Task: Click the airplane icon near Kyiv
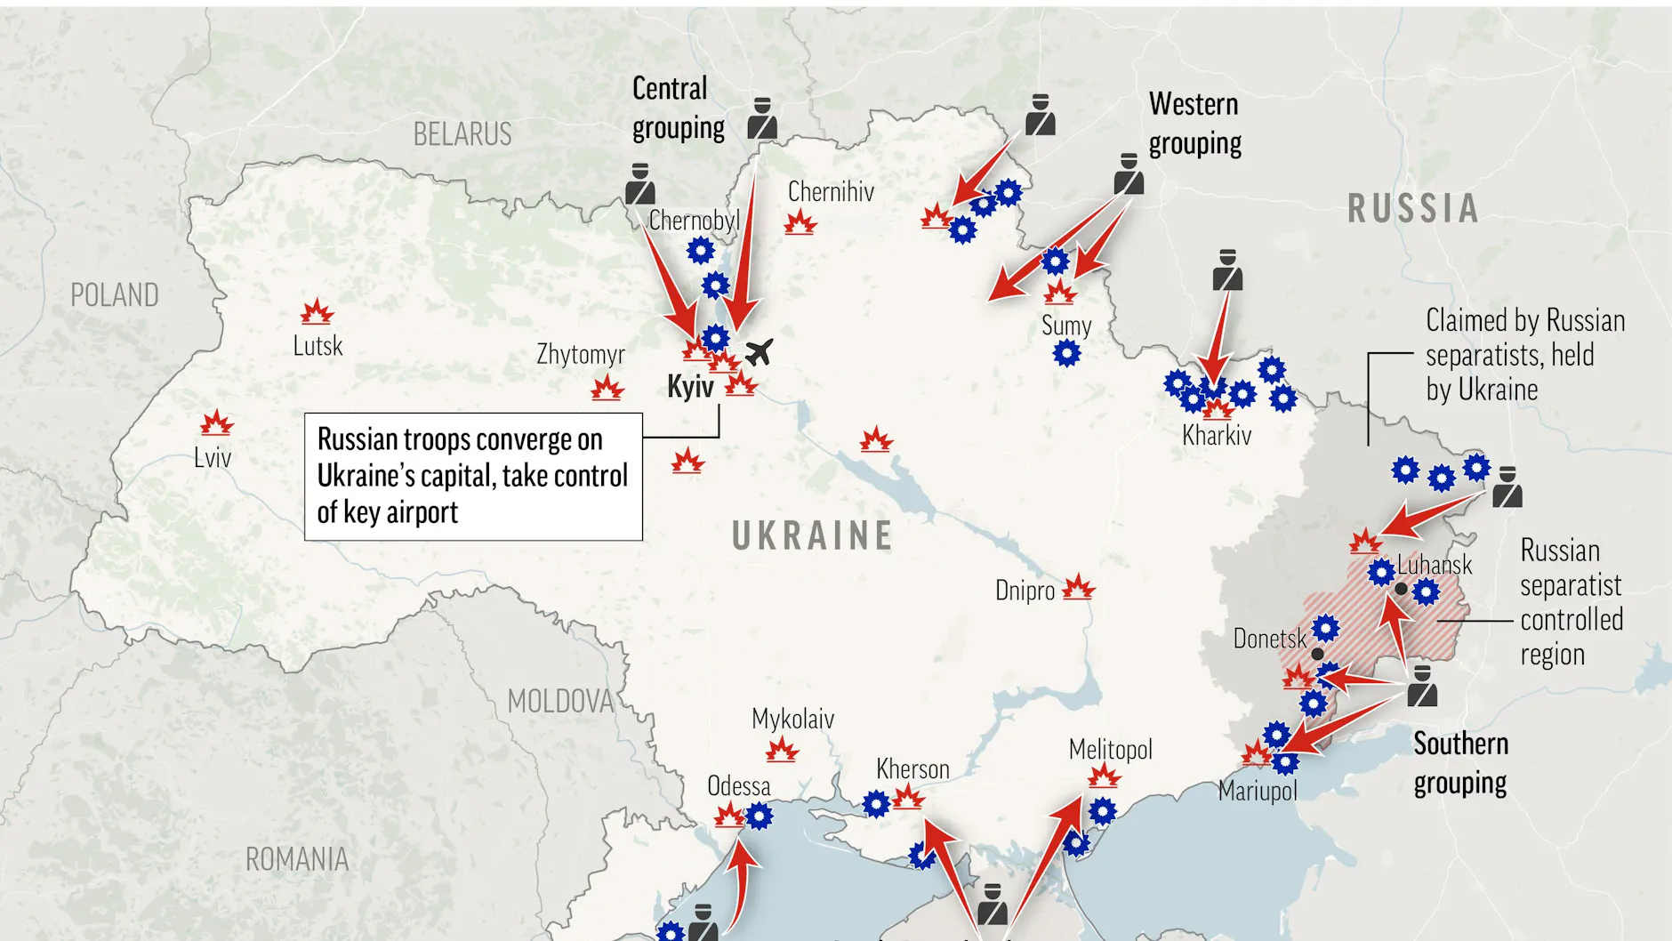[x=758, y=352]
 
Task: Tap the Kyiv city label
[x=690, y=387]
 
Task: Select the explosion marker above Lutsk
[x=317, y=312]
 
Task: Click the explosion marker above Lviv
[x=216, y=423]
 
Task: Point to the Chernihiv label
[x=831, y=192]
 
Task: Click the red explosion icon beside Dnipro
[x=1078, y=587]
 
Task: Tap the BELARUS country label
[x=462, y=134]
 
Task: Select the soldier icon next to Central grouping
[x=761, y=118]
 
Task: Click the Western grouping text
[x=1194, y=124]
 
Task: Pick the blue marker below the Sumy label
[x=1066, y=354]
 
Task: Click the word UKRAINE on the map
[x=812, y=535]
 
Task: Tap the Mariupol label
[x=1258, y=791]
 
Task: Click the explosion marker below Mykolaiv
[x=782, y=751]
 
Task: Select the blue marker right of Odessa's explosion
[x=759, y=815]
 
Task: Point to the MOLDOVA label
[x=560, y=701]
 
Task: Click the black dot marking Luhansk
[x=1401, y=589]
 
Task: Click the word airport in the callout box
[x=422, y=513]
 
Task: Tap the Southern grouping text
[x=1460, y=763]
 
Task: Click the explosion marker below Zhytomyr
[x=607, y=389]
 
